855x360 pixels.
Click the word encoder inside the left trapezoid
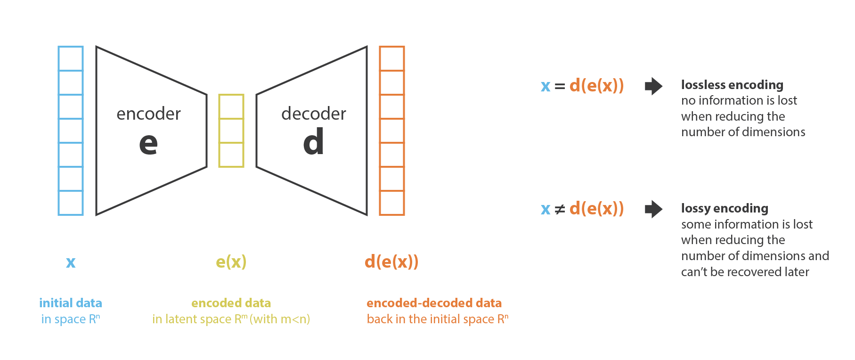click(148, 114)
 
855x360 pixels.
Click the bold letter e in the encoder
click(148, 143)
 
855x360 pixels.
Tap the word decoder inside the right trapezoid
click(314, 114)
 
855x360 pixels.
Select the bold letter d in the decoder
click(314, 142)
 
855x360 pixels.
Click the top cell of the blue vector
click(71, 59)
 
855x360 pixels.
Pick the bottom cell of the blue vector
click(71, 203)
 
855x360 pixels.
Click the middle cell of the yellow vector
click(231, 131)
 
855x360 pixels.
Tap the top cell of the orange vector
click(392, 59)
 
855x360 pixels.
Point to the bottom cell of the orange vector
click(392, 203)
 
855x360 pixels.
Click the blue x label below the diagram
click(71, 262)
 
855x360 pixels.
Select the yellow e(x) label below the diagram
click(231, 262)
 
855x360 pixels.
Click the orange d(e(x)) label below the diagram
click(391, 262)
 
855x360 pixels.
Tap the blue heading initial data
click(71, 303)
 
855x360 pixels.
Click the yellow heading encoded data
click(231, 303)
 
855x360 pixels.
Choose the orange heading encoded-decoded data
click(434, 303)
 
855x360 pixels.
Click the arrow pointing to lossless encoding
click(653, 86)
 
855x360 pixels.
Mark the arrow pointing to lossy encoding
click(653, 209)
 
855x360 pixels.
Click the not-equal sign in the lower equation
click(560, 209)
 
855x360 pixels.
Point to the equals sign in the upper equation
click(560, 86)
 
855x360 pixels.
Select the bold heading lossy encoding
click(725, 208)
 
